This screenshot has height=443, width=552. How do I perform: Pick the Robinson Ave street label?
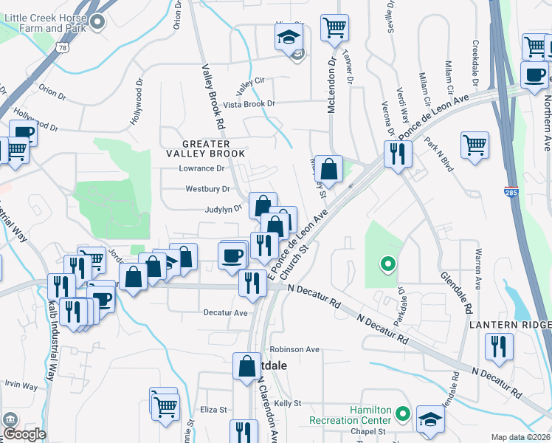click(294, 349)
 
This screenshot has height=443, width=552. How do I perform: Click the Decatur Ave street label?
click(225, 312)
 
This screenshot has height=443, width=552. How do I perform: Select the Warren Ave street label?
click(478, 269)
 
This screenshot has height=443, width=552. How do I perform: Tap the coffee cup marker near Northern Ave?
click(534, 75)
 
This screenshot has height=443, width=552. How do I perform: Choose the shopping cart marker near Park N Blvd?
click(475, 143)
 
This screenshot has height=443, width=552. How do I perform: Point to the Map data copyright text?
click(521, 437)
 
